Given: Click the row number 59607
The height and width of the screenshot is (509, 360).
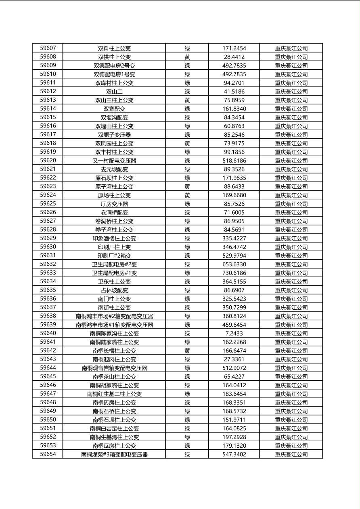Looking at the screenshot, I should (48, 48).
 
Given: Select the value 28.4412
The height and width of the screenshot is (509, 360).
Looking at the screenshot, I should (234, 57).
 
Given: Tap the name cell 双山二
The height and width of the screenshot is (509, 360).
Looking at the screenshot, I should (114, 92).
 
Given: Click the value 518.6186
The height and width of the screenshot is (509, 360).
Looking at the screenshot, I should (234, 161).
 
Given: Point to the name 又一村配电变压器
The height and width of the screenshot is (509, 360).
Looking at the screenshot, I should (114, 161).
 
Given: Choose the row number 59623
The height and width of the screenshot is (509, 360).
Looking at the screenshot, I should (48, 186).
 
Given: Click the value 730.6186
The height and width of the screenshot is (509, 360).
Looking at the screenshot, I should (234, 273).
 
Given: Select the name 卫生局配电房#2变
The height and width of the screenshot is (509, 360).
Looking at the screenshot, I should (114, 264).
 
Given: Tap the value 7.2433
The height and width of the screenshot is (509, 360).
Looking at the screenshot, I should (234, 333).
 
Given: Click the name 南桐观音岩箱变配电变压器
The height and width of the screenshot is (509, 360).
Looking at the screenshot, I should (114, 368).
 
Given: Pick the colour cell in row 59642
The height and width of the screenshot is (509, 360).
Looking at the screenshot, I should (187, 350).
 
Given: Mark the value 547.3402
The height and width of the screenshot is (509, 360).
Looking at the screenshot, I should (234, 454).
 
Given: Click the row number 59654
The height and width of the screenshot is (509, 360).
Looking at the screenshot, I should (48, 454).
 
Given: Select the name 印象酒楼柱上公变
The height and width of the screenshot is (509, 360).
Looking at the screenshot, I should (114, 238).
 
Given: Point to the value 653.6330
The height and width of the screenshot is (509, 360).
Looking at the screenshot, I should (234, 264).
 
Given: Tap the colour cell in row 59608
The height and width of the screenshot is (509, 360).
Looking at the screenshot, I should (187, 57).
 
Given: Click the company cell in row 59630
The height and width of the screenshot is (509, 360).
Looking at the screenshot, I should (291, 247).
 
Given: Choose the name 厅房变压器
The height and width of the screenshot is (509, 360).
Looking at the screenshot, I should (114, 204).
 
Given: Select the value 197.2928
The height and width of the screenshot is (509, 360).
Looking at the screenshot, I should (234, 437).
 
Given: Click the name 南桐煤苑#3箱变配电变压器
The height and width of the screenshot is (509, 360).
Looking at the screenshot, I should (114, 454).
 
